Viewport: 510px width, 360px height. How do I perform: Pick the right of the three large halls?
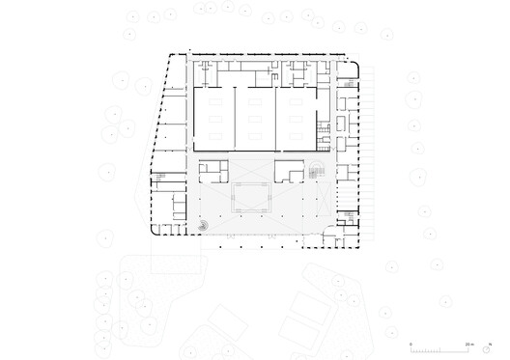297,118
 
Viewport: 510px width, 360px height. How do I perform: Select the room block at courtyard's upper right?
288,172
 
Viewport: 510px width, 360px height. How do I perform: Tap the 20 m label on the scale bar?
468,343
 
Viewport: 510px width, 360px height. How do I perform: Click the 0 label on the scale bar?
411,343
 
